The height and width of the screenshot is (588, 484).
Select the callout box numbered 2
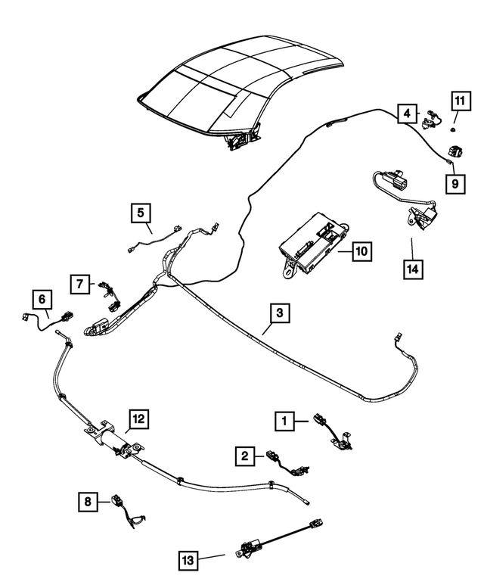(x=244, y=456)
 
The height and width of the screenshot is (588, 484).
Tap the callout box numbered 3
(x=279, y=313)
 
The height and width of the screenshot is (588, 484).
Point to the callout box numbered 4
(x=407, y=114)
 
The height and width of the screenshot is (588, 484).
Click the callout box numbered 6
(x=42, y=297)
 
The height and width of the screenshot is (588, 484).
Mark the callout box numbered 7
(x=79, y=283)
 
